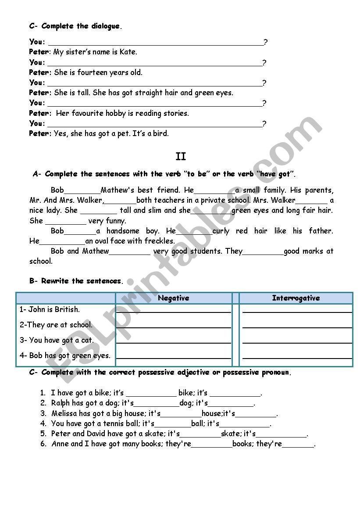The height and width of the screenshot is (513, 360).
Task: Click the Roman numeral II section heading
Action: (x=181, y=157)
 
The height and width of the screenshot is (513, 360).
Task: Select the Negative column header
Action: (x=174, y=298)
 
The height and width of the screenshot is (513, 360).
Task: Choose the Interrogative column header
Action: (x=296, y=298)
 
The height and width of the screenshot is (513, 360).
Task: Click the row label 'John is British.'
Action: (x=50, y=309)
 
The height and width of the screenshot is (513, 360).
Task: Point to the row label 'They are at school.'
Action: (x=56, y=325)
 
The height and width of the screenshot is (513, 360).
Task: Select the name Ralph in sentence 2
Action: (x=61, y=403)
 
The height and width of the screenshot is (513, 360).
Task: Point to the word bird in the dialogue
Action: (x=160, y=133)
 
